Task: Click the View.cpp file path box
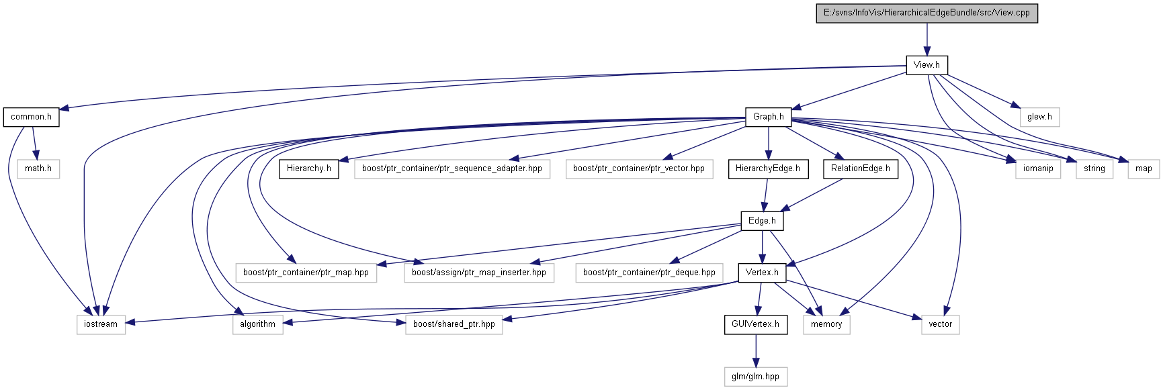click(x=927, y=13)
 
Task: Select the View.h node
click(x=927, y=65)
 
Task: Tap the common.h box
click(x=31, y=117)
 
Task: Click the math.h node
click(x=38, y=168)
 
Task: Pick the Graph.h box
click(x=768, y=117)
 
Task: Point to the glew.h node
click(x=1039, y=117)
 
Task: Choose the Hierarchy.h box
click(x=309, y=168)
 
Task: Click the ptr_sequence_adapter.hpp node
click(x=452, y=168)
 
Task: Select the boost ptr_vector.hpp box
click(x=639, y=168)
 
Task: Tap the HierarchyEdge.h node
click(x=768, y=168)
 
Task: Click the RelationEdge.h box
click(x=860, y=168)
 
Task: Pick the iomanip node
click(x=1038, y=168)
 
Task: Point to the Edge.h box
click(x=762, y=221)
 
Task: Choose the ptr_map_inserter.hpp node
click(x=479, y=273)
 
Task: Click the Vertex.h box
click(x=762, y=273)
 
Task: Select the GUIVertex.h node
click(x=755, y=324)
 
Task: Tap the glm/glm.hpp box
click(x=755, y=377)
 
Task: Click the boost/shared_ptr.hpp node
click(x=454, y=324)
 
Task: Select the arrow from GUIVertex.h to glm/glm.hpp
click(x=755, y=350)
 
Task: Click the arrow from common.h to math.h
click(x=34, y=142)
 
